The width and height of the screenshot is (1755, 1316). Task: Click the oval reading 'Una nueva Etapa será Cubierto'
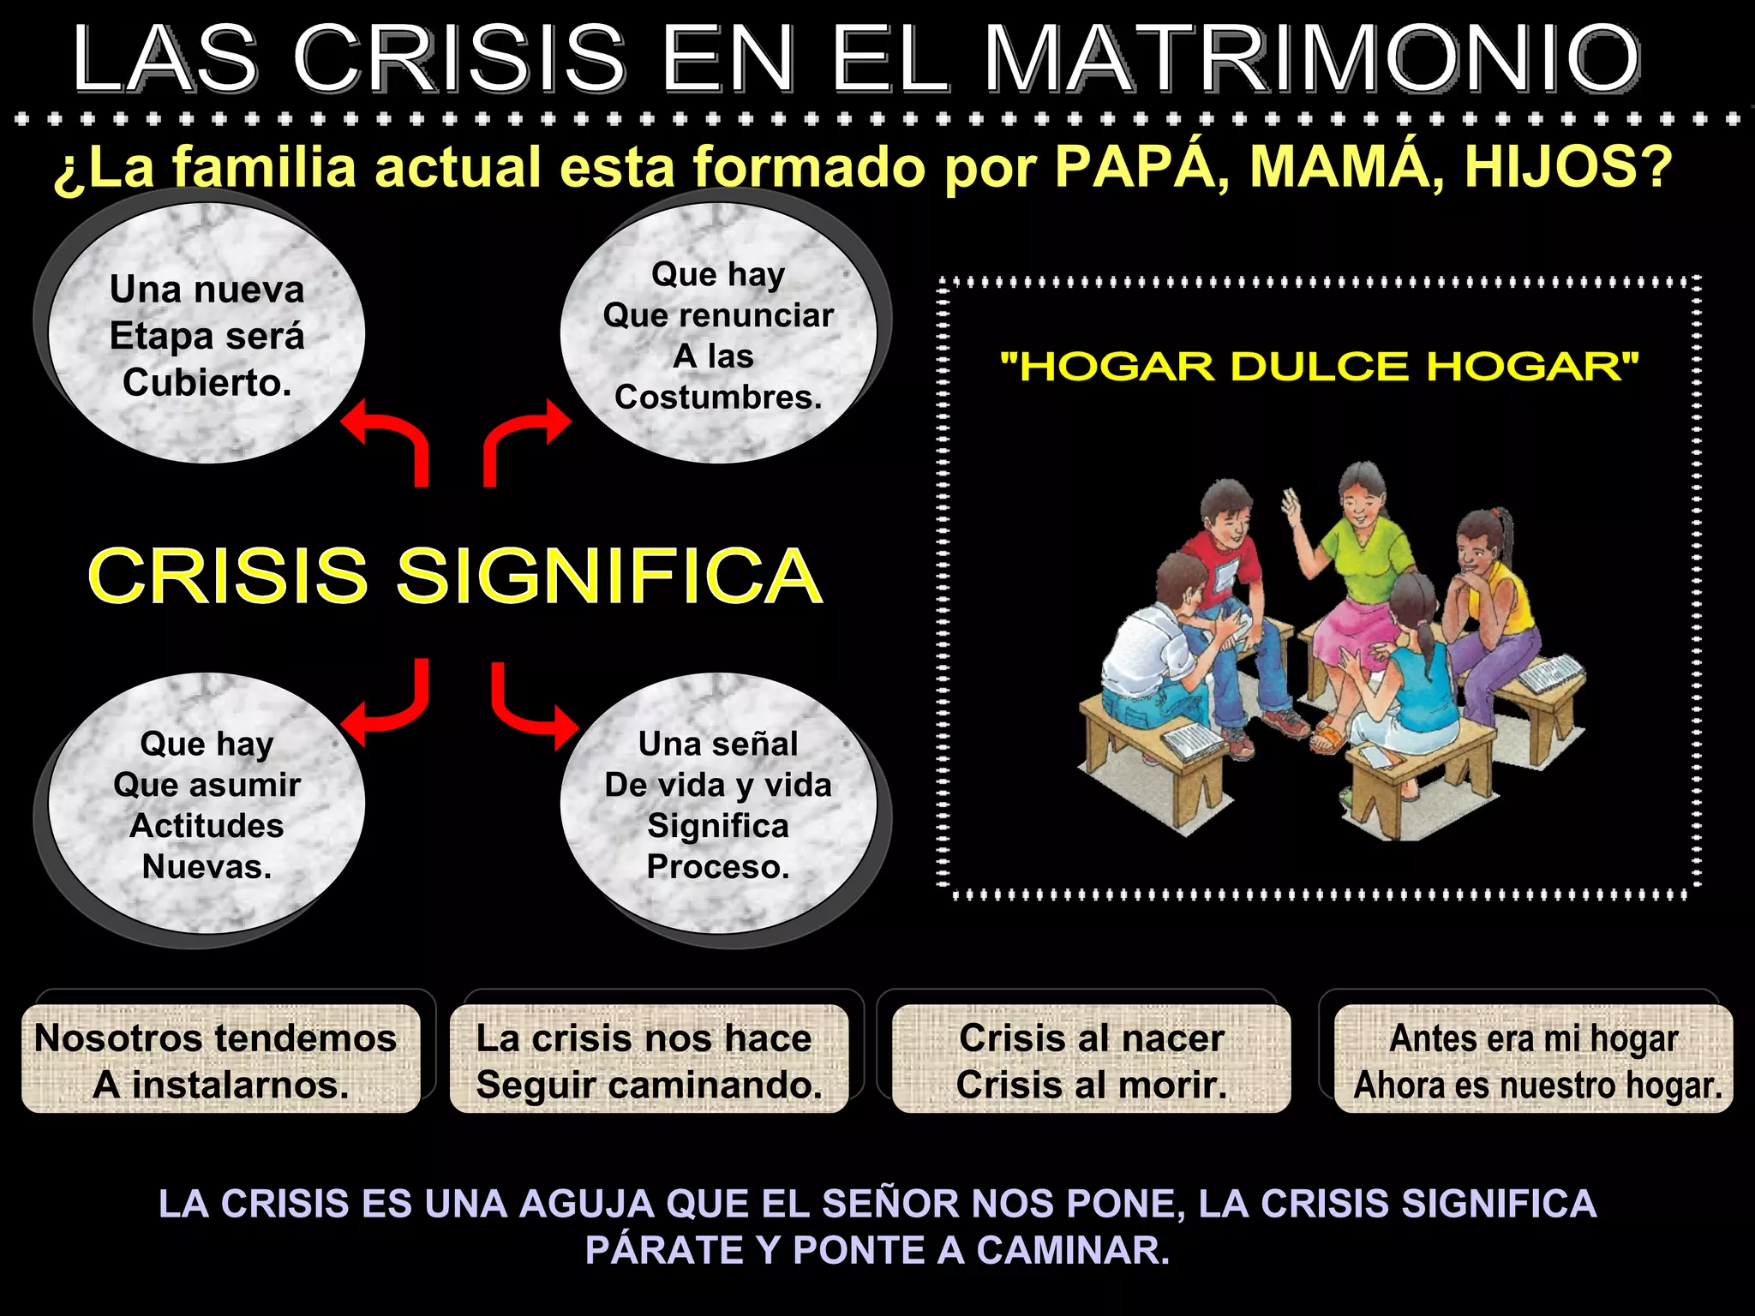(207, 334)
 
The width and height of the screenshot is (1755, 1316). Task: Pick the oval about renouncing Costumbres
(718, 334)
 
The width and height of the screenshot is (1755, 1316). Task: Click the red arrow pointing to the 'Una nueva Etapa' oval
(390, 437)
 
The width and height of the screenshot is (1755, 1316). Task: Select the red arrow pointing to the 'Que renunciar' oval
(523, 437)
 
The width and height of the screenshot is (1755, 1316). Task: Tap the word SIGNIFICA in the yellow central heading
(608, 576)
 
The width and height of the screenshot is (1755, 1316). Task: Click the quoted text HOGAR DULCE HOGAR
(1320, 367)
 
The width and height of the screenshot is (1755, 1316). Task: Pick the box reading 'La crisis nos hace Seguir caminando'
(649, 1061)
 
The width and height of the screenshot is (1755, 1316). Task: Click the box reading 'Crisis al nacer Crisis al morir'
(1091, 1061)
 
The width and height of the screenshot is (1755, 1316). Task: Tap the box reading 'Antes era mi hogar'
(1534, 1061)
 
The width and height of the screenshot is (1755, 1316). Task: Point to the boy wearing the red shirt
(1225, 557)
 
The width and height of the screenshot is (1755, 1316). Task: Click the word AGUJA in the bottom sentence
(587, 1204)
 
